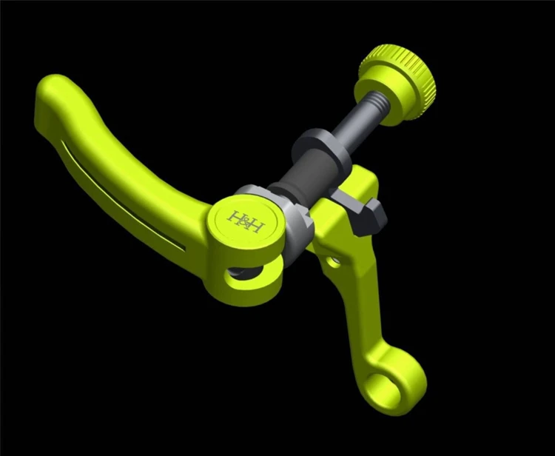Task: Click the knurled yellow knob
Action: pos(397,85)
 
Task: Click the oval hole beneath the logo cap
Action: pos(243,275)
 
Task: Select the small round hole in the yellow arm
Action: pos(334,262)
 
